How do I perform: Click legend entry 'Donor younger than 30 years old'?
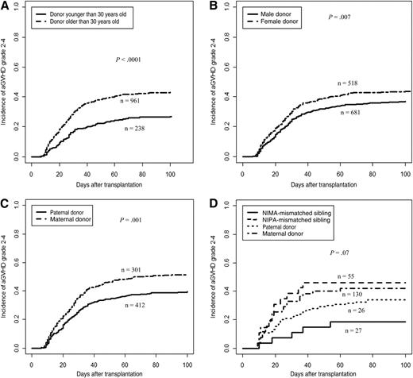(x=88, y=14)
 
